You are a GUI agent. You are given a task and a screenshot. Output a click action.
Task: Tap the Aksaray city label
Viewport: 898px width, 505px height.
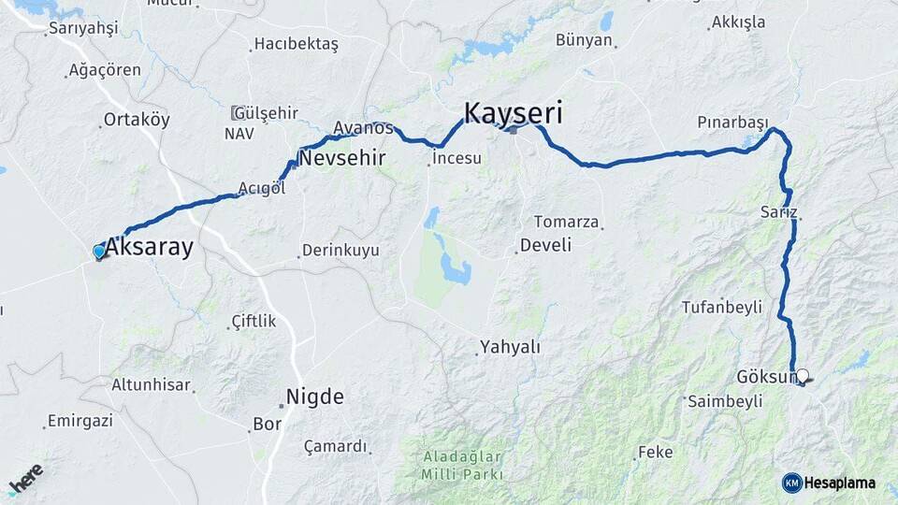tap(150, 248)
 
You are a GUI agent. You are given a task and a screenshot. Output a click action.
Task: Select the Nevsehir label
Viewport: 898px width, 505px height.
tap(341, 157)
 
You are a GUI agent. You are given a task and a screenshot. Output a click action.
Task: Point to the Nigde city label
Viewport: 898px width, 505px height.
tap(315, 396)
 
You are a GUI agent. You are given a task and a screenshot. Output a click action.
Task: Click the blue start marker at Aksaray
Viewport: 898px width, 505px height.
tap(99, 251)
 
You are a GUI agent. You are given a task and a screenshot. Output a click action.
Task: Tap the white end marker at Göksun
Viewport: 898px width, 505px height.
tap(802, 375)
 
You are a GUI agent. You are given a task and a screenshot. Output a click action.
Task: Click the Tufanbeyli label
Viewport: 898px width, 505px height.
tap(721, 307)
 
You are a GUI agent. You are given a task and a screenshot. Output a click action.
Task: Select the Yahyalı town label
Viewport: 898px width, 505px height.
tap(510, 347)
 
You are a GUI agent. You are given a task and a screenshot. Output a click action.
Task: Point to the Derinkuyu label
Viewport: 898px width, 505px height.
tap(341, 251)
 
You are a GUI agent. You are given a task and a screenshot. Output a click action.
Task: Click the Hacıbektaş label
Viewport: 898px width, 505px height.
tap(297, 44)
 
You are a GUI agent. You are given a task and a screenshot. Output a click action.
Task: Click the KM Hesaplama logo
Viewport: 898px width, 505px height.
tap(829, 483)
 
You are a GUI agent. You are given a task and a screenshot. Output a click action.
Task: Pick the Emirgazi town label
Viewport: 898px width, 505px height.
tap(80, 421)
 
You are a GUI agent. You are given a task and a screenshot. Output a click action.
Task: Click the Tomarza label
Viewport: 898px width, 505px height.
tap(566, 222)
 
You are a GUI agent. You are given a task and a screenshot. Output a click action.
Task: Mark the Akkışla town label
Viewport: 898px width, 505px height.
tap(738, 22)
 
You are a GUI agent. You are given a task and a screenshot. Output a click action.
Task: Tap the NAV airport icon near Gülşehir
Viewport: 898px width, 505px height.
tap(239, 113)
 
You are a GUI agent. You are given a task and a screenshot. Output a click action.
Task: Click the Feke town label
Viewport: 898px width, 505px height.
tap(655, 453)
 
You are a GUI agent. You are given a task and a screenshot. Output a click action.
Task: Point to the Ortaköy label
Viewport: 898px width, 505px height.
tap(138, 120)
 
